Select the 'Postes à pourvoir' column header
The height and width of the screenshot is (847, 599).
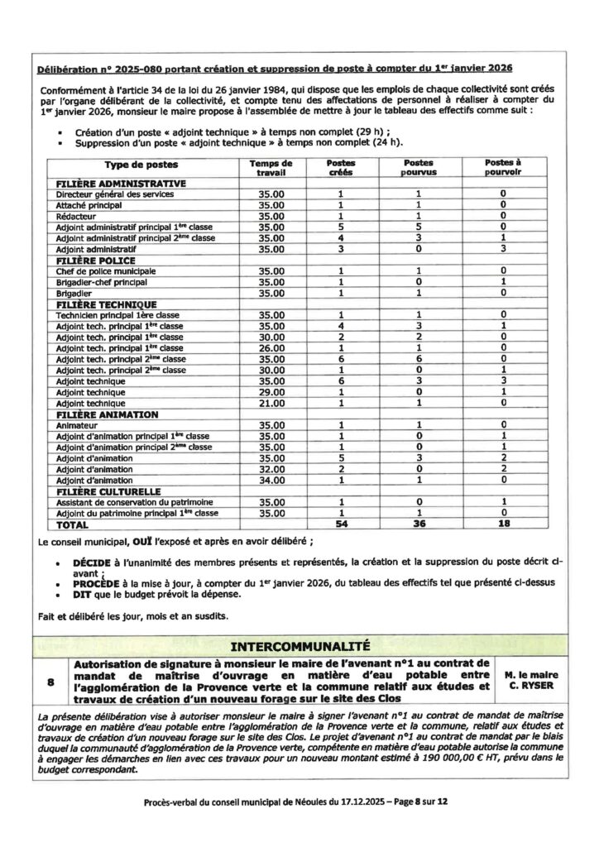click(502, 169)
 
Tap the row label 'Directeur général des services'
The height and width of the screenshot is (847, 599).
click(114, 194)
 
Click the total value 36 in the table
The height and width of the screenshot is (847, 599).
click(419, 524)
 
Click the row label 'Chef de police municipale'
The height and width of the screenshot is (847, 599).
click(105, 271)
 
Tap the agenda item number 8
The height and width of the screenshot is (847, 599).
click(51, 682)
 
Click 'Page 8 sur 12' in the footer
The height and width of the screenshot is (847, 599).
click(411, 802)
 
